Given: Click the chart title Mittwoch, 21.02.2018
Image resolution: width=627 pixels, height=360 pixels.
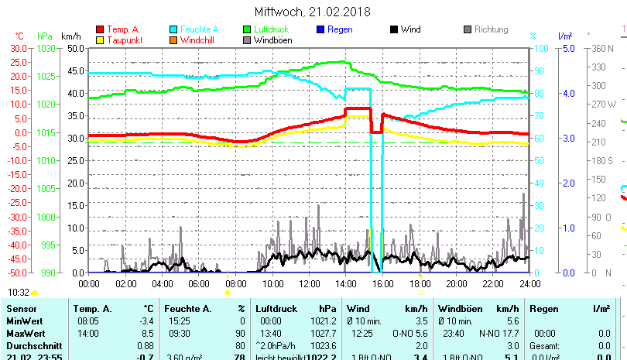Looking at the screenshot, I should click(313, 12).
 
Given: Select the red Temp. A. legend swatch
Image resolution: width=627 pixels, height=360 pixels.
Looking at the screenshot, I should click(99, 30).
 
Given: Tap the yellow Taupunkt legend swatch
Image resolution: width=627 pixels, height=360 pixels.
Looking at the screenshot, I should click(99, 40).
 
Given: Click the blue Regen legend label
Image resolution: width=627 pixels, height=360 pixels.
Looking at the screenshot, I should click(340, 30).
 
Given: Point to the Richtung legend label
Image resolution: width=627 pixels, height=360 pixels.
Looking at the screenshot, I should click(491, 30).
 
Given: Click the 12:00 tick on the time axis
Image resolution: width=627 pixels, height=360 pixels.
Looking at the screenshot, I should click(309, 284).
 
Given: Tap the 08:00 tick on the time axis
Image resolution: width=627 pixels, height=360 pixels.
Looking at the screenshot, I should click(235, 284).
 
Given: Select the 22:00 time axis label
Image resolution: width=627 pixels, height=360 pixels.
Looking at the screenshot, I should click(492, 284).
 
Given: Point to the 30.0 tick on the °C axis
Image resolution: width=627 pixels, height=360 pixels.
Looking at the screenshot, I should click(17, 48).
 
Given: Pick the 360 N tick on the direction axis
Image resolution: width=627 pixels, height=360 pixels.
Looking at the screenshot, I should click(603, 48).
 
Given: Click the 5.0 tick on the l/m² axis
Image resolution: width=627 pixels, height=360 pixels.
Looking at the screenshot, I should click(567, 48).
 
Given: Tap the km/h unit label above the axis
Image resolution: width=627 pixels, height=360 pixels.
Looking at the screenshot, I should click(70, 36).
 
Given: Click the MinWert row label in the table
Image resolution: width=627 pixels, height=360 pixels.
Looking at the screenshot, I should click(24, 321).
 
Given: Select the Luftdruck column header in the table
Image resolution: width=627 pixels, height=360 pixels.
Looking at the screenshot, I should click(276, 309).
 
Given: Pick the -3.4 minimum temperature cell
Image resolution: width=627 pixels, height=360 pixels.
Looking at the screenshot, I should click(146, 321).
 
